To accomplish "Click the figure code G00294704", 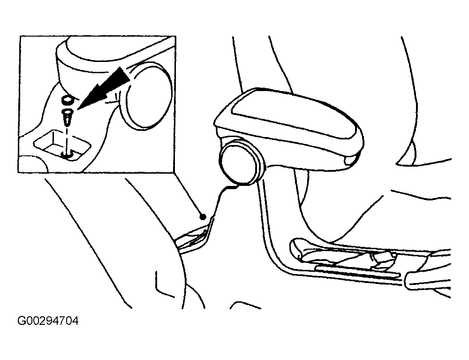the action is pos(48,321).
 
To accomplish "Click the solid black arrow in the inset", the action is pos(103,89).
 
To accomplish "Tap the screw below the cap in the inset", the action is pos(67,118).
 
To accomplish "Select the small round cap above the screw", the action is pos(67,100).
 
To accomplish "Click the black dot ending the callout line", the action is pos(203,216).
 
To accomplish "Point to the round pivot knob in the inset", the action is pos(146,95).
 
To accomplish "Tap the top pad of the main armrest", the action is pos(292,119).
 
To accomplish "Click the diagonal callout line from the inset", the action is pos(188,194).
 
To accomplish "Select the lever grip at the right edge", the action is pos(428,280).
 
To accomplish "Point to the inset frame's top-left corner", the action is pos(20,36).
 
